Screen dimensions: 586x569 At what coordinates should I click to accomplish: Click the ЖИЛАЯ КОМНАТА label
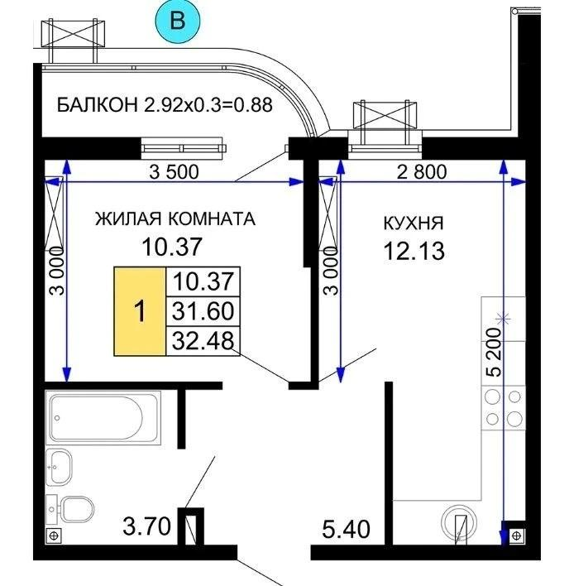click(x=175, y=219)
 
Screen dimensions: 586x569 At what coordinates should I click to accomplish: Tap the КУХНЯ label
click(x=414, y=223)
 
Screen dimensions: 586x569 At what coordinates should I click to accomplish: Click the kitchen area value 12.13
click(x=414, y=249)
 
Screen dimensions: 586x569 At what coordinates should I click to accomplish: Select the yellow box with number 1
click(x=141, y=311)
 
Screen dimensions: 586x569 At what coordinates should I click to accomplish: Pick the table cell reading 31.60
click(x=203, y=311)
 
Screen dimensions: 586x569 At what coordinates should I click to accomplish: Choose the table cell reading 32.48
click(x=203, y=339)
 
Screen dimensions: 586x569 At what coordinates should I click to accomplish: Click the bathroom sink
click(x=60, y=468)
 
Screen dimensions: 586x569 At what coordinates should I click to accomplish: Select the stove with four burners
click(x=504, y=407)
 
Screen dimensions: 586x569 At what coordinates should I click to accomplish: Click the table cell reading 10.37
click(x=203, y=282)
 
